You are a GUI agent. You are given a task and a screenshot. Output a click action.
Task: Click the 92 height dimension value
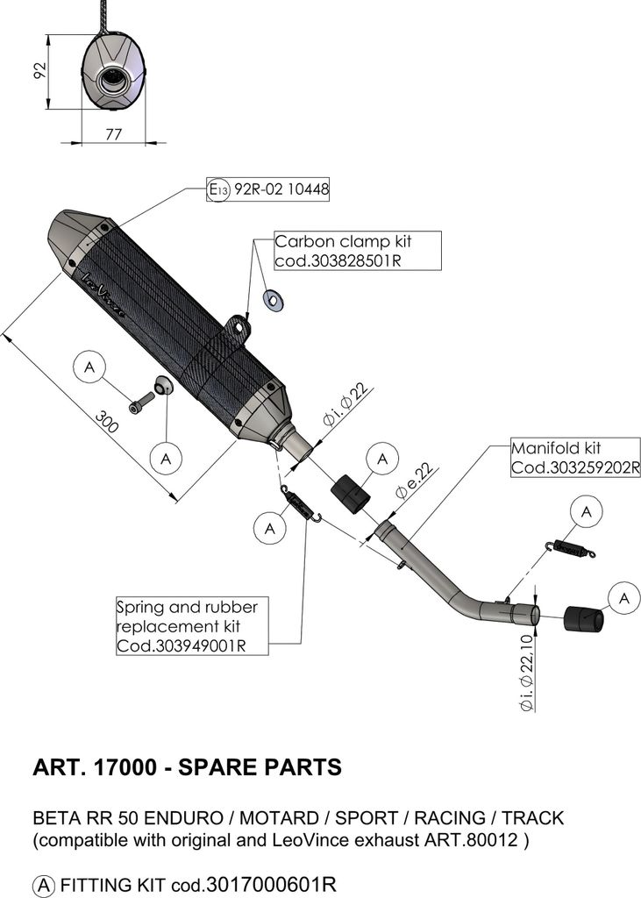pyautogui.click(x=39, y=70)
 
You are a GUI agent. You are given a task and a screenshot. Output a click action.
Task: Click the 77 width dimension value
pyautogui.click(x=113, y=133)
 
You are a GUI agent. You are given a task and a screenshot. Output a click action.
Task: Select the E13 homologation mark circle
pyautogui.click(x=218, y=189)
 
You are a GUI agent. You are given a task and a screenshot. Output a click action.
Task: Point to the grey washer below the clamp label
pyautogui.click(x=274, y=300)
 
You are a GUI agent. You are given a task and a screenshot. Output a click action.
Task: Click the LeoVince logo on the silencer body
pyautogui.click(x=103, y=295)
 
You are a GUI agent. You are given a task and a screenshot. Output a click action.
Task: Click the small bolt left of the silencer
pyautogui.click(x=142, y=403)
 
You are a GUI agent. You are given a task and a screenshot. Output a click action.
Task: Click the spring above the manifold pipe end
pyautogui.click(x=571, y=548)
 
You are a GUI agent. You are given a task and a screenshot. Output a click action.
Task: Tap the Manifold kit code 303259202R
pyautogui.click(x=574, y=467)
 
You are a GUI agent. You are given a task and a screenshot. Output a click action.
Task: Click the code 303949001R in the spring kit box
pyautogui.click(x=181, y=645)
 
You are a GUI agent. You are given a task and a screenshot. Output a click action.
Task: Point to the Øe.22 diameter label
pyautogui.click(x=415, y=481)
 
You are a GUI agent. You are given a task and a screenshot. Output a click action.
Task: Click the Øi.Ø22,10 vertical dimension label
pyautogui.click(x=526, y=673)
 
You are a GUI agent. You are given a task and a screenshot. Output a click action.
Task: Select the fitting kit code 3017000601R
pyautogui.click(x=270, y=884)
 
